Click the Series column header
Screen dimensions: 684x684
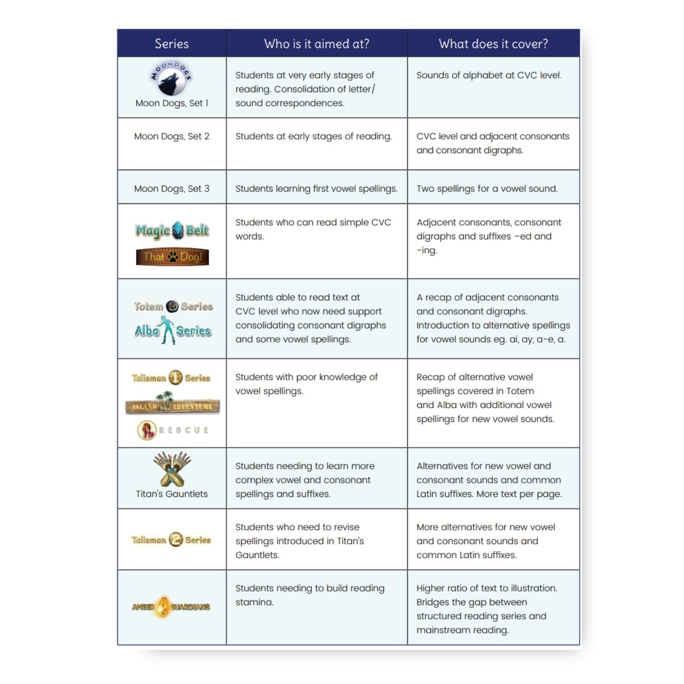[x=171, y=44]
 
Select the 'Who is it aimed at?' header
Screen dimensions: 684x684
[x=316, y=44]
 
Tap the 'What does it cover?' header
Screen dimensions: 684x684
[x=493, y=44]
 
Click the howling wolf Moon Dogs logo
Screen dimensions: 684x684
[x=171, y=78]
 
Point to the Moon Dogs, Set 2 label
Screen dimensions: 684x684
[x=171, y=136]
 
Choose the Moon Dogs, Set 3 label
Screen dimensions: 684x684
[x=171, y=188]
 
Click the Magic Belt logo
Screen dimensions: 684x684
[x=172, y=231]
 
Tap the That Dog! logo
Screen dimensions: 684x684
[x=172, y=257]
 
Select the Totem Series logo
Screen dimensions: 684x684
[x=173, y=306]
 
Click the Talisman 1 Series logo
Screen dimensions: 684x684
[x=171, y=378]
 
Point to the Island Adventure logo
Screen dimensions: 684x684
[x=172, y=404]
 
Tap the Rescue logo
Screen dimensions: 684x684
[x=173, y=430]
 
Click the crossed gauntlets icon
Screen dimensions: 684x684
[x=172, y=469]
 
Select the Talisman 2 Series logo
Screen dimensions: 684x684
[x=171, y=540]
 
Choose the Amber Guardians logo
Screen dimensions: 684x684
[x=171, y=607]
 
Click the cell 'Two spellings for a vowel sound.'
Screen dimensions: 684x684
[x=487, y=188]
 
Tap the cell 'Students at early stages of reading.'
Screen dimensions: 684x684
[x=313, y=136]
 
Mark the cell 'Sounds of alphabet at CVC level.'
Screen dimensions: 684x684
[x=489, y=75]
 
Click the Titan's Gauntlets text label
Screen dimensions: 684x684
[x=171, y=494]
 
